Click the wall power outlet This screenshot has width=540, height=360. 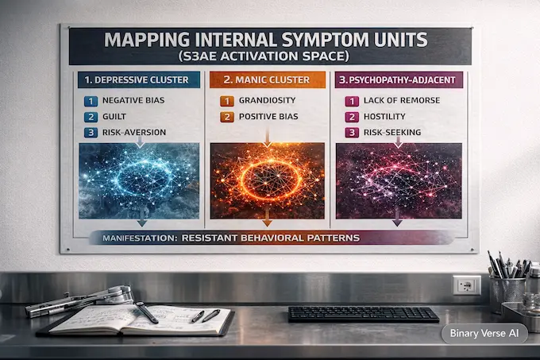pos(466,284)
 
